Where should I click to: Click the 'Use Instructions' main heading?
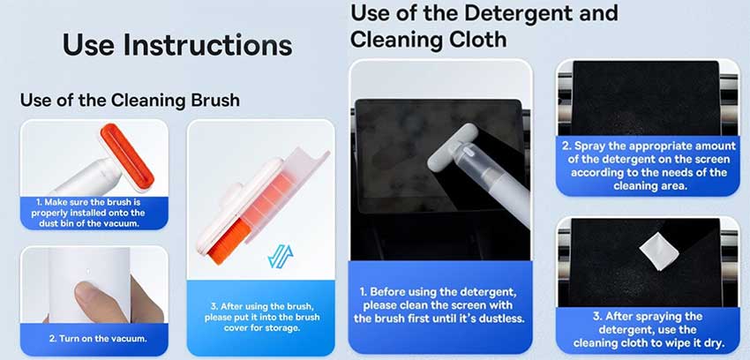click(177, 44)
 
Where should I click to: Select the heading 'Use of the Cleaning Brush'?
click(130, 101)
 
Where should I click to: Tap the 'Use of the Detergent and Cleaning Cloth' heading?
click(484, 26)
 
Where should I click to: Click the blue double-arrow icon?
click(281, 256)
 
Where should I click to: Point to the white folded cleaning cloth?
click(658, 251)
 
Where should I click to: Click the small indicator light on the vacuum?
click(87, 273)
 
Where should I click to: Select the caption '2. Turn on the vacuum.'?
click(98, 339)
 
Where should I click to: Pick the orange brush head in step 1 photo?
click(127, 156)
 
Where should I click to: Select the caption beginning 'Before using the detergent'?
click(439, 305)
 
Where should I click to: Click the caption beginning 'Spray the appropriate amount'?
click(649, 166)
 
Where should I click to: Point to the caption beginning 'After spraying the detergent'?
click(649, 330)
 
